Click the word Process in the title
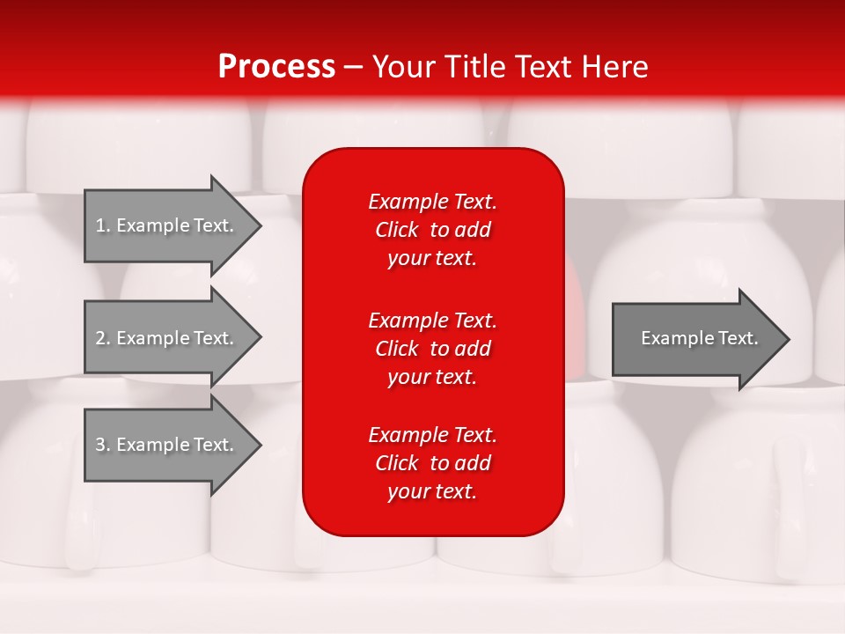point(276,67)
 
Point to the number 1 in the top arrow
point(100,225)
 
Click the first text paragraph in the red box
point(432,230)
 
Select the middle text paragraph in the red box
point(432,349)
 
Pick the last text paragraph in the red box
point(432,463)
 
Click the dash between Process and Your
point(353,68)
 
